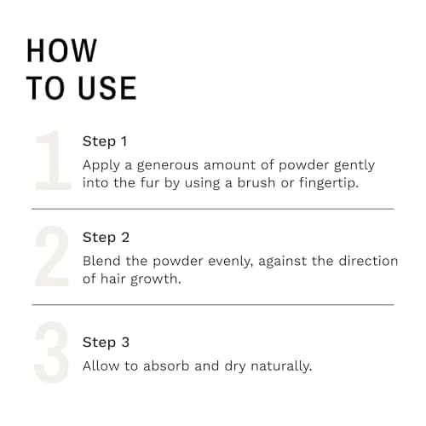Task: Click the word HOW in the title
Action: pos(61,50)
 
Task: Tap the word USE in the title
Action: pos(107,88)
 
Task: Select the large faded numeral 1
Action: pos(53,160)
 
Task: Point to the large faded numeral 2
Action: pos(52,256)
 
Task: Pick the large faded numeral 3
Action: pos(52,352)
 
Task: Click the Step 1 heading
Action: pos(105,141)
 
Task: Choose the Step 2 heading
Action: pos(106,238)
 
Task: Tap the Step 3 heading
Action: pos(106,343)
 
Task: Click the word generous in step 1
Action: pos(168,166)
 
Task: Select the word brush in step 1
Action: pos(256,182)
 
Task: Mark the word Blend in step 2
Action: pos(101,261)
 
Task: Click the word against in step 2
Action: pos(283,262)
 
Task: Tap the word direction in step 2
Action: pos(368,261)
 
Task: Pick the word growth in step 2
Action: pos(154,279)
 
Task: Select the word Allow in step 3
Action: pos(101,366)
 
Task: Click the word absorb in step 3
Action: pos(166,366)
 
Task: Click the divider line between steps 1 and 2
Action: pos(213,209)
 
